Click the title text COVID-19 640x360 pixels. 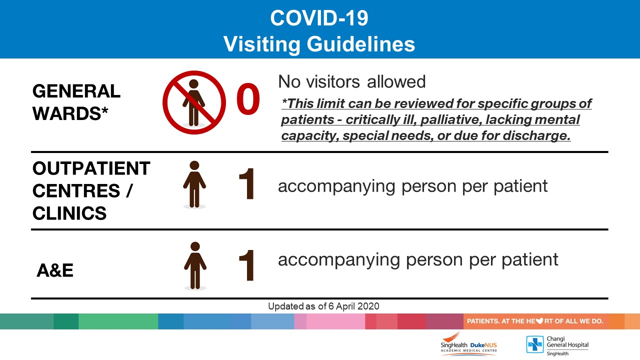319,18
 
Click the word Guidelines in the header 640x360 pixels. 361,44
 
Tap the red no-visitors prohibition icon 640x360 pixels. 194,102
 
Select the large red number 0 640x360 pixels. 248,98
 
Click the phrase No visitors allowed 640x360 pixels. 351,81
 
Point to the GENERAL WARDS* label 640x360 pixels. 76,102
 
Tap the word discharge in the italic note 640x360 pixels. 536,135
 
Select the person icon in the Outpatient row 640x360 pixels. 194,184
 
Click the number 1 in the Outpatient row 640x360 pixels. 246,183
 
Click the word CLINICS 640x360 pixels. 69,213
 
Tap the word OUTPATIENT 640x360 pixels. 91,168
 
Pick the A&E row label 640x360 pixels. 55,270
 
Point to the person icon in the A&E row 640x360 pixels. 195,266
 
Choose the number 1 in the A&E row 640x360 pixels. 246,265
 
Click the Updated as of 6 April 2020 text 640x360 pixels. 323,306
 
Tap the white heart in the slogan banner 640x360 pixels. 539,321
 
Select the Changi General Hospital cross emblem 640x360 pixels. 535,344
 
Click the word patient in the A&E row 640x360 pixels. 530,260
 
